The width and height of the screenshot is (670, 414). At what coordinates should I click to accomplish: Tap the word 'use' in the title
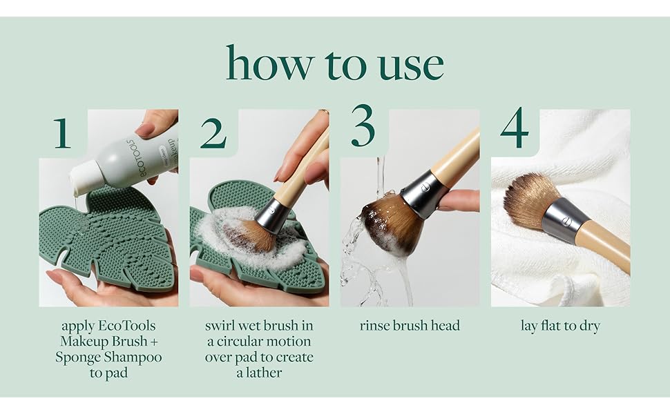[411, 66]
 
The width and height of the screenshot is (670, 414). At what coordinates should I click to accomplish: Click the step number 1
[62, 133]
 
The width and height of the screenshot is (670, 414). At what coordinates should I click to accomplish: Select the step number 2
[213, 133]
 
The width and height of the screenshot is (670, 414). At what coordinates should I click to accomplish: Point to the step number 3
[363, 125]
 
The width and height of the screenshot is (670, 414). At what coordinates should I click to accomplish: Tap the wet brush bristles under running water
[391, 224]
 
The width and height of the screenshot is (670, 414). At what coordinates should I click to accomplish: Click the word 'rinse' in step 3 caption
[374, 326]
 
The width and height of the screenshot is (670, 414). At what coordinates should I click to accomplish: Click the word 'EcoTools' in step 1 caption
[127, 326]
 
